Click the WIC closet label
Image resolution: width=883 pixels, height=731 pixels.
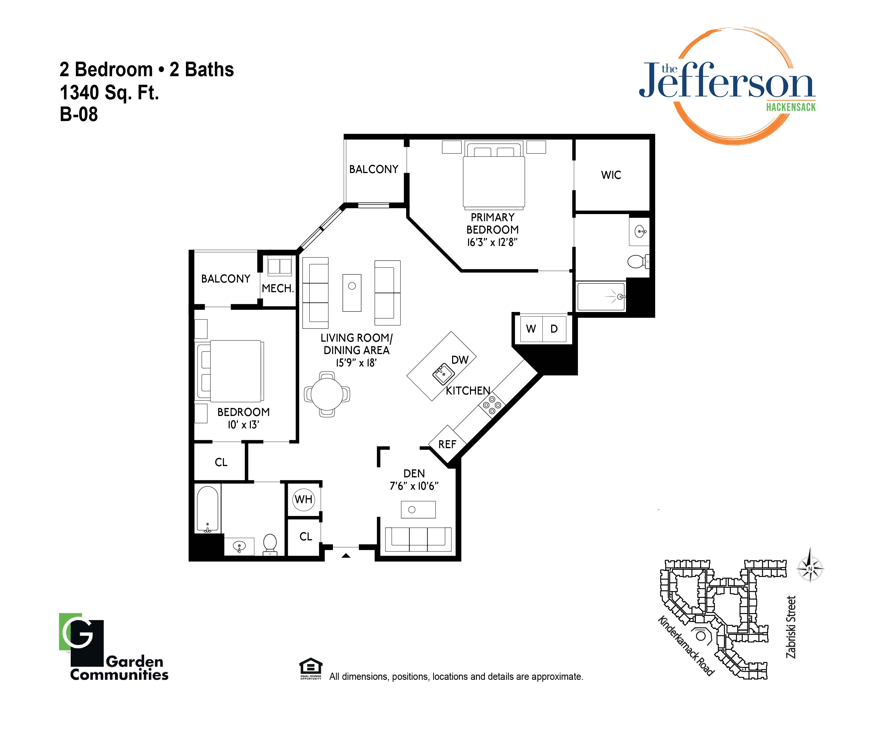point(611,175)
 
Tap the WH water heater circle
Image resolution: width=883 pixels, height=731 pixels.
point(303,499)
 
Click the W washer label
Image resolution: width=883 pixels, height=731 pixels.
point(531,329)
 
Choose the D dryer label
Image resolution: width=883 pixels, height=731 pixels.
point(554,329)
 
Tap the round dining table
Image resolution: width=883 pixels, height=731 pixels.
point(327,394)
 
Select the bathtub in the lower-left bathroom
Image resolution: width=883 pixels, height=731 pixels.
point(208,509)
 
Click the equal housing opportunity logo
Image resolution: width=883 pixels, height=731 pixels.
point(311,668)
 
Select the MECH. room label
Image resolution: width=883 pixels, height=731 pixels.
point(278,288)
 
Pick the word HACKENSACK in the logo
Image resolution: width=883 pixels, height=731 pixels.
point(791,107)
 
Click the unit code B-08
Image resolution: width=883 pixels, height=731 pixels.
point(79,114)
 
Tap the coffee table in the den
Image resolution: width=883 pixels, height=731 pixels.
point(418,510)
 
